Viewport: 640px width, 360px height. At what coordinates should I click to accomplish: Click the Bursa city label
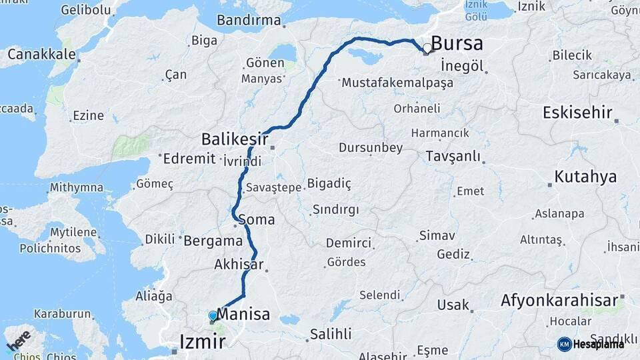pos(457,44)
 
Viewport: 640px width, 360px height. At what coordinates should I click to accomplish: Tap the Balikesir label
pos(235,139)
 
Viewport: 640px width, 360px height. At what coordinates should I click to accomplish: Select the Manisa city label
pos(244,314)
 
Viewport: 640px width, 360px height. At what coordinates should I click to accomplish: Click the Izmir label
pos(203,343)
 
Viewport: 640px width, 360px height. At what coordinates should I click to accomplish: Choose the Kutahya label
pos(585,177)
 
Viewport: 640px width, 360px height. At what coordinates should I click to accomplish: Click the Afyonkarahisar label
pos(559,300)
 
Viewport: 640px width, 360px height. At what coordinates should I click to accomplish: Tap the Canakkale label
pos(39,53)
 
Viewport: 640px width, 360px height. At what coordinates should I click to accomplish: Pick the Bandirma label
pos(249,20)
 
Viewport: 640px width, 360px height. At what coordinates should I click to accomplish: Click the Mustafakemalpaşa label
pos(397,83)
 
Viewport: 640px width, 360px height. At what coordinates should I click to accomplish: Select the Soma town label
pos(256,219)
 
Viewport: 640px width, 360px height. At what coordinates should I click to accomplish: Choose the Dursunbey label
pos(371,147)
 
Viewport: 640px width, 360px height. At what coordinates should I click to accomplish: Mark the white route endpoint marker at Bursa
pos(427,48)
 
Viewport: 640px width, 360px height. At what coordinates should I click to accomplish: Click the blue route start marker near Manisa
pos(213,315)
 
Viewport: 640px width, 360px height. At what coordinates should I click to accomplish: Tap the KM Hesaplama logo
pos(591,344)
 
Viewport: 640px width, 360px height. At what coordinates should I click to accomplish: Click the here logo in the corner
pos(19,341)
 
